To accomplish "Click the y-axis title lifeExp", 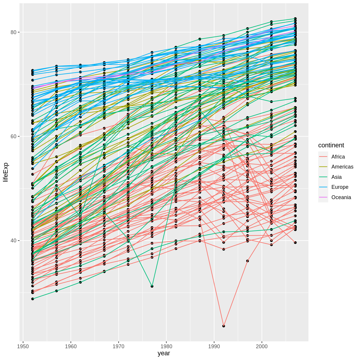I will pyautogui.click(x=6, y=172).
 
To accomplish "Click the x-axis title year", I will pyautogui.click(x=164, y=353).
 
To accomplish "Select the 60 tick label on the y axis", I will pyautogui.click(x=13, y=136).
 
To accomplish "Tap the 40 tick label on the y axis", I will pyautogui.click(x=13, y=241).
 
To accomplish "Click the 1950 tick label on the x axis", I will pyautogui.click(x=23, y=346).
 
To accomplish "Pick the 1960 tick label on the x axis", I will pyautogui.click(x=71, y=346).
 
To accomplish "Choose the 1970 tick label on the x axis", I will pyautogui.click(x=119, y=346).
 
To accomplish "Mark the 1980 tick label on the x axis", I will pyautogui.click(x=166, y=346).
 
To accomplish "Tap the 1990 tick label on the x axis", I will pyautogui.click(x=214, y=346).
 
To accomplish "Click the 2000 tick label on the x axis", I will pyautogui.click(x=262, y=346).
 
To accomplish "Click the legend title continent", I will pyautogui.click(x=331, y=145).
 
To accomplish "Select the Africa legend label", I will pyautogui.click(x=338, y=157).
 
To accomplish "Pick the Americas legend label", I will pyautogui.click(x=342, y=167).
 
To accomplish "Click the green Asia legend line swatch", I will pyautogui.click(x=323, y=177).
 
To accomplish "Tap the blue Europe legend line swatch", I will pyautogui.click(x=323, y=187).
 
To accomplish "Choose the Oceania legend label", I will pyautogui.click(x=341, y=197).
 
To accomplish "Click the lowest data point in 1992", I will pyautogui.click(x=224, y=326).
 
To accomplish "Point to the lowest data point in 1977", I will pyautogui.click(x=152, y=286).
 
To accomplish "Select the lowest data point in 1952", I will pyautogui.click(x=33, y=299).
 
